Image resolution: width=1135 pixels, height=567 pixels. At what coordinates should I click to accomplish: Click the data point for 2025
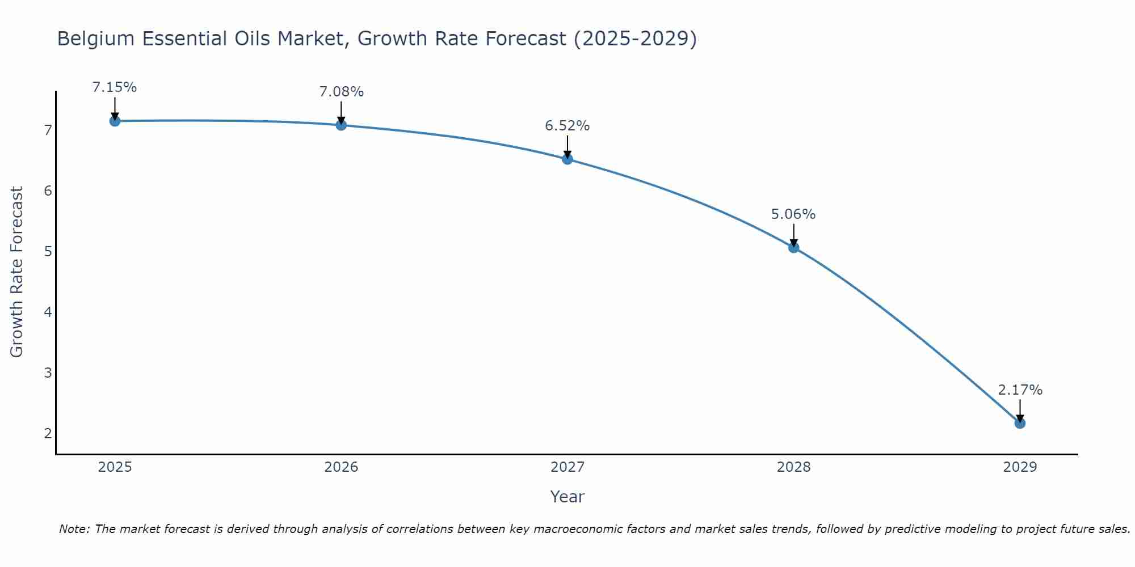pyautogui.click(x=115, y=121)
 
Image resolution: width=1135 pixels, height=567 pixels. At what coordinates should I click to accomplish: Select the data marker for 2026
pyautogui.click(x=341, y=125)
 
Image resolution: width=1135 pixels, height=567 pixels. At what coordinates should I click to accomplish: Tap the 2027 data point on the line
pyautogui.click(x=567, y=159)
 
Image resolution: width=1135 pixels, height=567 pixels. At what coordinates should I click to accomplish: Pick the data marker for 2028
pyautogui.click(x=793, y=247)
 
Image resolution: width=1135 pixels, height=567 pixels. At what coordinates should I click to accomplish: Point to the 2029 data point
pyautogui.click(x=1020, y=423)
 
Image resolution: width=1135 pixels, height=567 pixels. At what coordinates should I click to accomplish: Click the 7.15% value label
pyautogui.click(x=115, y=87)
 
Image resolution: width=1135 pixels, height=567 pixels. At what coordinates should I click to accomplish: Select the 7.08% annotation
pyautogui.click(x=341, y=92)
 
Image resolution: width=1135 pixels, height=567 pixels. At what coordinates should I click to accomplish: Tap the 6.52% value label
pyautogui.click(x=567, y=126)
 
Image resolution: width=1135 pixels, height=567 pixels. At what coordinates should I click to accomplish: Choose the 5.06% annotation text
pyautogui.click(x=793, y=214)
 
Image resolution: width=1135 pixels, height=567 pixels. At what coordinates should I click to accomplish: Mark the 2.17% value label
pyautogui.click(x=1020, y=390)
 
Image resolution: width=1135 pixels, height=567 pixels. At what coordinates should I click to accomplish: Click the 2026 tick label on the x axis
pyautogui.click(x=341, y=467)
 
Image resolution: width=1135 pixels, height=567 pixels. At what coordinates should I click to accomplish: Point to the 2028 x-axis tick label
pyautogui.click(x=793, y=467)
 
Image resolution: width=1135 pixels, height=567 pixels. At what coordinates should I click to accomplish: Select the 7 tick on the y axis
pyautogui.click(x=48, y=130)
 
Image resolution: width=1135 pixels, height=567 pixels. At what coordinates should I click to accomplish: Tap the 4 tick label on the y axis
pyautogui.click(x=48, y=312)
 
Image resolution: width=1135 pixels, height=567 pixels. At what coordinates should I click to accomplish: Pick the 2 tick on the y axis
pyautogui.click(x=48, y=433)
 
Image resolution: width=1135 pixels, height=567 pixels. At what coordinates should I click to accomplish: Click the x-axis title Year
pyautogui.click(x=567, y=497)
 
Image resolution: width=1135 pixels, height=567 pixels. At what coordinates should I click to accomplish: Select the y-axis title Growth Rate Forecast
pyautogui.click(x=17, y=272)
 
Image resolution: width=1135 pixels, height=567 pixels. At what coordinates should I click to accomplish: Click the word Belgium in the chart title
pyautogui.click(x=96, y=39)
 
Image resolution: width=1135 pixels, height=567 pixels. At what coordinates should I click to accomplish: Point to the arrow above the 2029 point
pyautogui.click(x=1020, y=409)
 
